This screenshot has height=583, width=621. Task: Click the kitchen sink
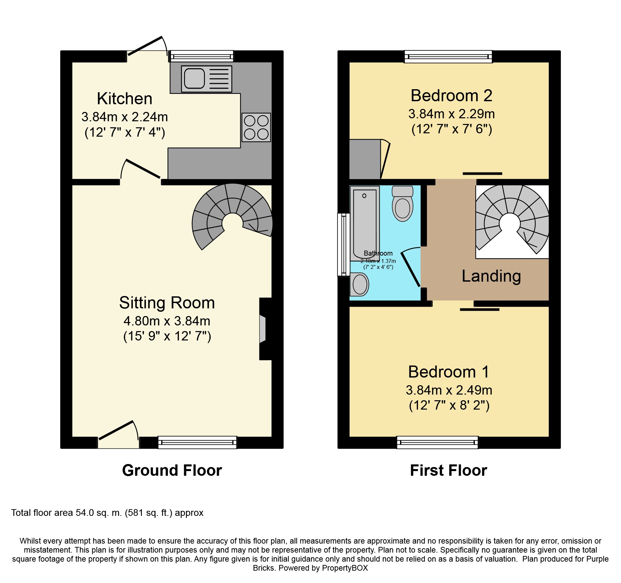click(x=206, y=79)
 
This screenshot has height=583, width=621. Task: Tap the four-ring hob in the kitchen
click(x=256, y=127)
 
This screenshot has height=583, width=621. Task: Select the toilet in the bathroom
click(x=402, y=203)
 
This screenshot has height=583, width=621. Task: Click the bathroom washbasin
click(x=359, y=284)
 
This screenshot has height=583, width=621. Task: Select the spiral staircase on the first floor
click(x=511, y=221)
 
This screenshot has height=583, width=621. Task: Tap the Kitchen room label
click(x=125, y=99)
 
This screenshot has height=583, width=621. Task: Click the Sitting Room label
click(x=167, y=303)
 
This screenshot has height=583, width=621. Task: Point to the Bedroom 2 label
click(x=451, y=96)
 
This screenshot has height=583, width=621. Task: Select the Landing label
click(x=491, y=276)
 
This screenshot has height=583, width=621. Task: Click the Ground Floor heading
click(x=172, y=470)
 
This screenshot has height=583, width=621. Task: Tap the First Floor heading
click(x=448, y=470)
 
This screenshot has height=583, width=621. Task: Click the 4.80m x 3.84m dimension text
click(x=167, y=321)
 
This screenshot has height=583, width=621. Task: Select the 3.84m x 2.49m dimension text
click(x=449, y=390)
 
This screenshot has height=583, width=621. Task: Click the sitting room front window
click(x=197, y=442)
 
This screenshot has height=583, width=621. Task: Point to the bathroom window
click(x=343, y=245)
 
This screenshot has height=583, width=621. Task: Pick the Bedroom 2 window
click(x=448, y=56)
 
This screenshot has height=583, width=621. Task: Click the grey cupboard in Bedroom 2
click(x=365, y=159)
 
